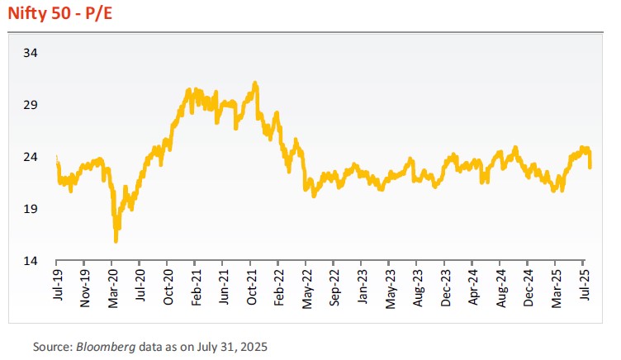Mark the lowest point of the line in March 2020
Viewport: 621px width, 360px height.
[x=116, y=241]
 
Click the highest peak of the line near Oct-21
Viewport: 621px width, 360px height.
[x=256, y=83]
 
